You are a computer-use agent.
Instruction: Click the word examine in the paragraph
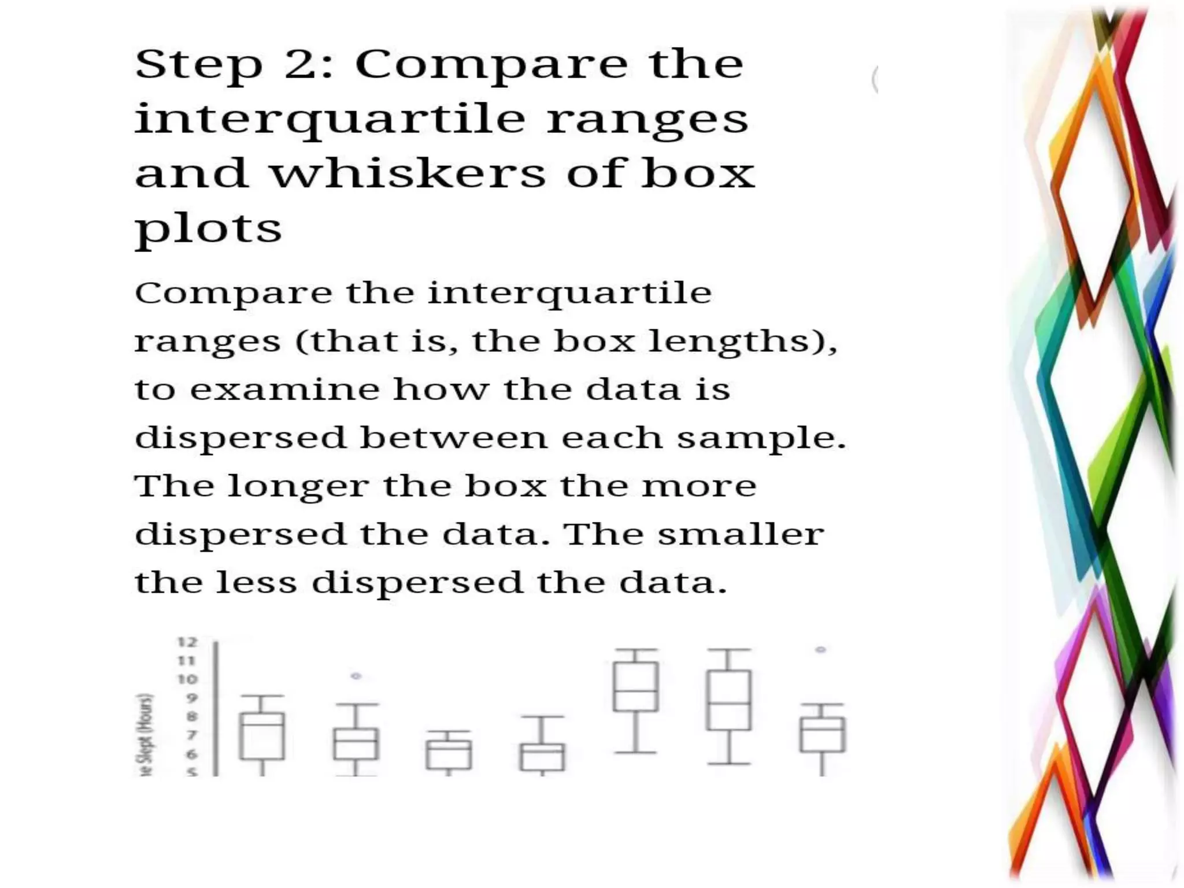coord(284,389)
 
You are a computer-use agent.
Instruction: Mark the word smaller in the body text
coord(741,534)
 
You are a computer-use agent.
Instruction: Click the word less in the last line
coord(256,582)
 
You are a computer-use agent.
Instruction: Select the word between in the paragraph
coord(453,438)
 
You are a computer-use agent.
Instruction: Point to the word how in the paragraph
coord(441,389)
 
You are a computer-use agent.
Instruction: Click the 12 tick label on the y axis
coord(187,642)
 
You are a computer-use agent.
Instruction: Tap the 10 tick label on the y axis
coord(187,679)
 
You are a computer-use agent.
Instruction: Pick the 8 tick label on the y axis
coord(191,717)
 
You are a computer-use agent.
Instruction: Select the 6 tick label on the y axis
coord(191,754)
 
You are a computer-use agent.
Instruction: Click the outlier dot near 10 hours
coord(356,676)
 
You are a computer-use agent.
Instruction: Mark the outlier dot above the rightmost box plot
coord(820,650)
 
